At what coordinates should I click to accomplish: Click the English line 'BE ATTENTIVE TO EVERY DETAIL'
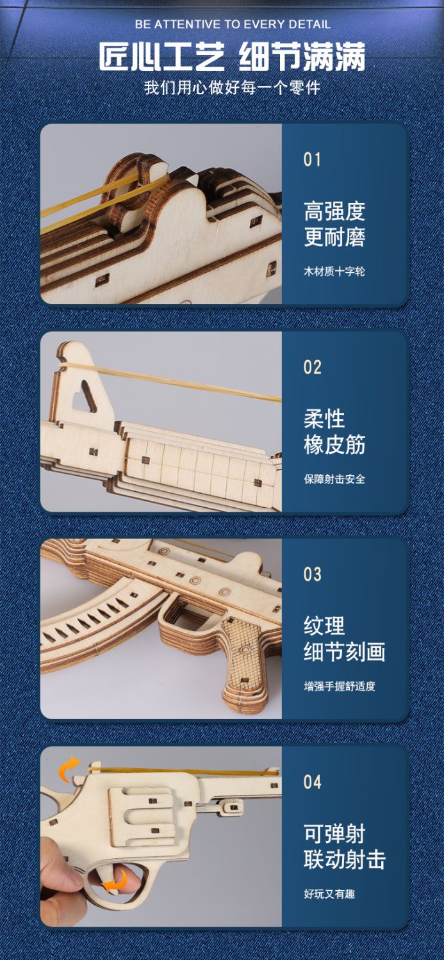233,24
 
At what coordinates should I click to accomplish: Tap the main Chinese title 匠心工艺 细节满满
232,56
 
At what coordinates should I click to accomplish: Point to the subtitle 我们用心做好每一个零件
233,88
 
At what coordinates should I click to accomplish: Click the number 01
312,160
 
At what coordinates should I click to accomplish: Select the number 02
312,368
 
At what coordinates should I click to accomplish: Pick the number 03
312,574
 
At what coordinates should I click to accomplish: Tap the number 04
312,782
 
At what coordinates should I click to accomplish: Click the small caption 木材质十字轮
334,272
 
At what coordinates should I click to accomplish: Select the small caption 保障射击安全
334,479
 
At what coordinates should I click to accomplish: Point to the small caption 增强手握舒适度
340,686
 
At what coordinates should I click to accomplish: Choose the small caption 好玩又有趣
329,894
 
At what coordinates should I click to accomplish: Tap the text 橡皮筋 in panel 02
334,444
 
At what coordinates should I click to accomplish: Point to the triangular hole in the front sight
84,396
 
